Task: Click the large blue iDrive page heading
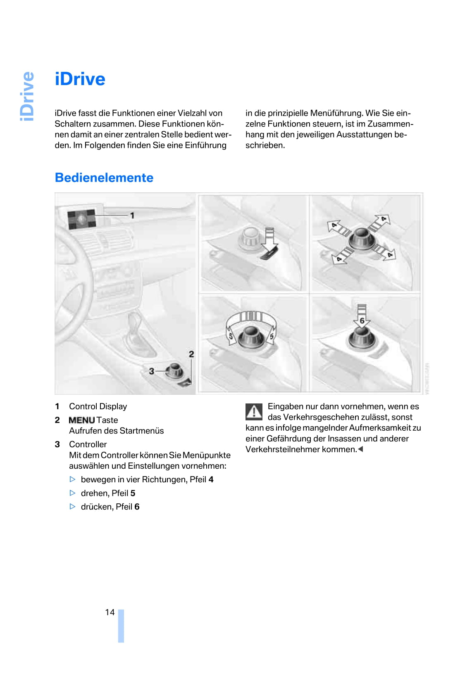pos(80,79)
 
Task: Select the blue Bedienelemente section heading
pos(104,178)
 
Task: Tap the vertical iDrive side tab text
pos(28,96)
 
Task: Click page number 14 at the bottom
pos(110,612)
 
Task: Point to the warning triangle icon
pos(254,411)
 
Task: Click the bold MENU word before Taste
pos(82,420)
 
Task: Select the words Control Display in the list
pos(98,406)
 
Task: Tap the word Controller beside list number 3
pos(88,444)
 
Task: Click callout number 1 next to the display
pos(132,216)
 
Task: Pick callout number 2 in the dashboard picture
pos(191,354)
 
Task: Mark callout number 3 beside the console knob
pos(151,371)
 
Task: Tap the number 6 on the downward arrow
pos(362,320)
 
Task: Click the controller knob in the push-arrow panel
pos(362,338)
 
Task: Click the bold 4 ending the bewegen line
pos(211,479)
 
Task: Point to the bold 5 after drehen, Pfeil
pos(133,493)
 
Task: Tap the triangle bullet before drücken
pos(73,507)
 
